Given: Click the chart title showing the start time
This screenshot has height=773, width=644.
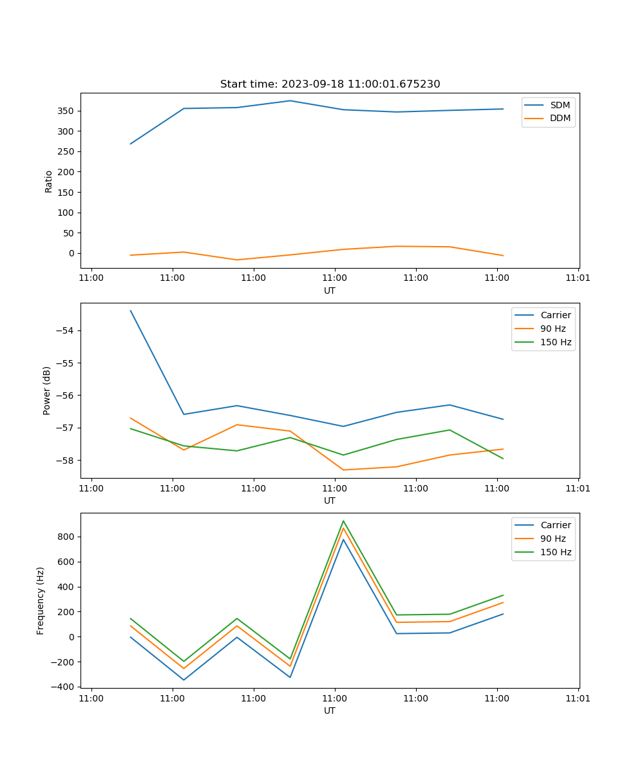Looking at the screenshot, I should [330, 84].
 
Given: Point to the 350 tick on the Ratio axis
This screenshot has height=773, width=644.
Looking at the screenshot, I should [66, 111].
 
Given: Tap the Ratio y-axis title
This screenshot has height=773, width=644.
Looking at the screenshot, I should [49, 181].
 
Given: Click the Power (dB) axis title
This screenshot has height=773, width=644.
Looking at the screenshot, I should [47, 390].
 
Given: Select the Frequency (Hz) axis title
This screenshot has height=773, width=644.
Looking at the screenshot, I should [41, 600].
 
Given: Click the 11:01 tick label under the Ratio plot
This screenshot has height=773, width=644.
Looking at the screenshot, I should [578, 278].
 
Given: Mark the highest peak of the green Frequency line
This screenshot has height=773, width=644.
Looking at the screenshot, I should [343, 521].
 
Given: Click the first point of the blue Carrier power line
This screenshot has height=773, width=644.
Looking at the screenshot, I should [131, 310].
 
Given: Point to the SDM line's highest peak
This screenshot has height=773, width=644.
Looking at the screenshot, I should [290, 100].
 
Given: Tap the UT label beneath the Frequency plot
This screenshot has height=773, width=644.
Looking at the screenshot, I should [330, 711].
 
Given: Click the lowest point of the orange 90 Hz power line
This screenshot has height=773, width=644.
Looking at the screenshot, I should [343, 470].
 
